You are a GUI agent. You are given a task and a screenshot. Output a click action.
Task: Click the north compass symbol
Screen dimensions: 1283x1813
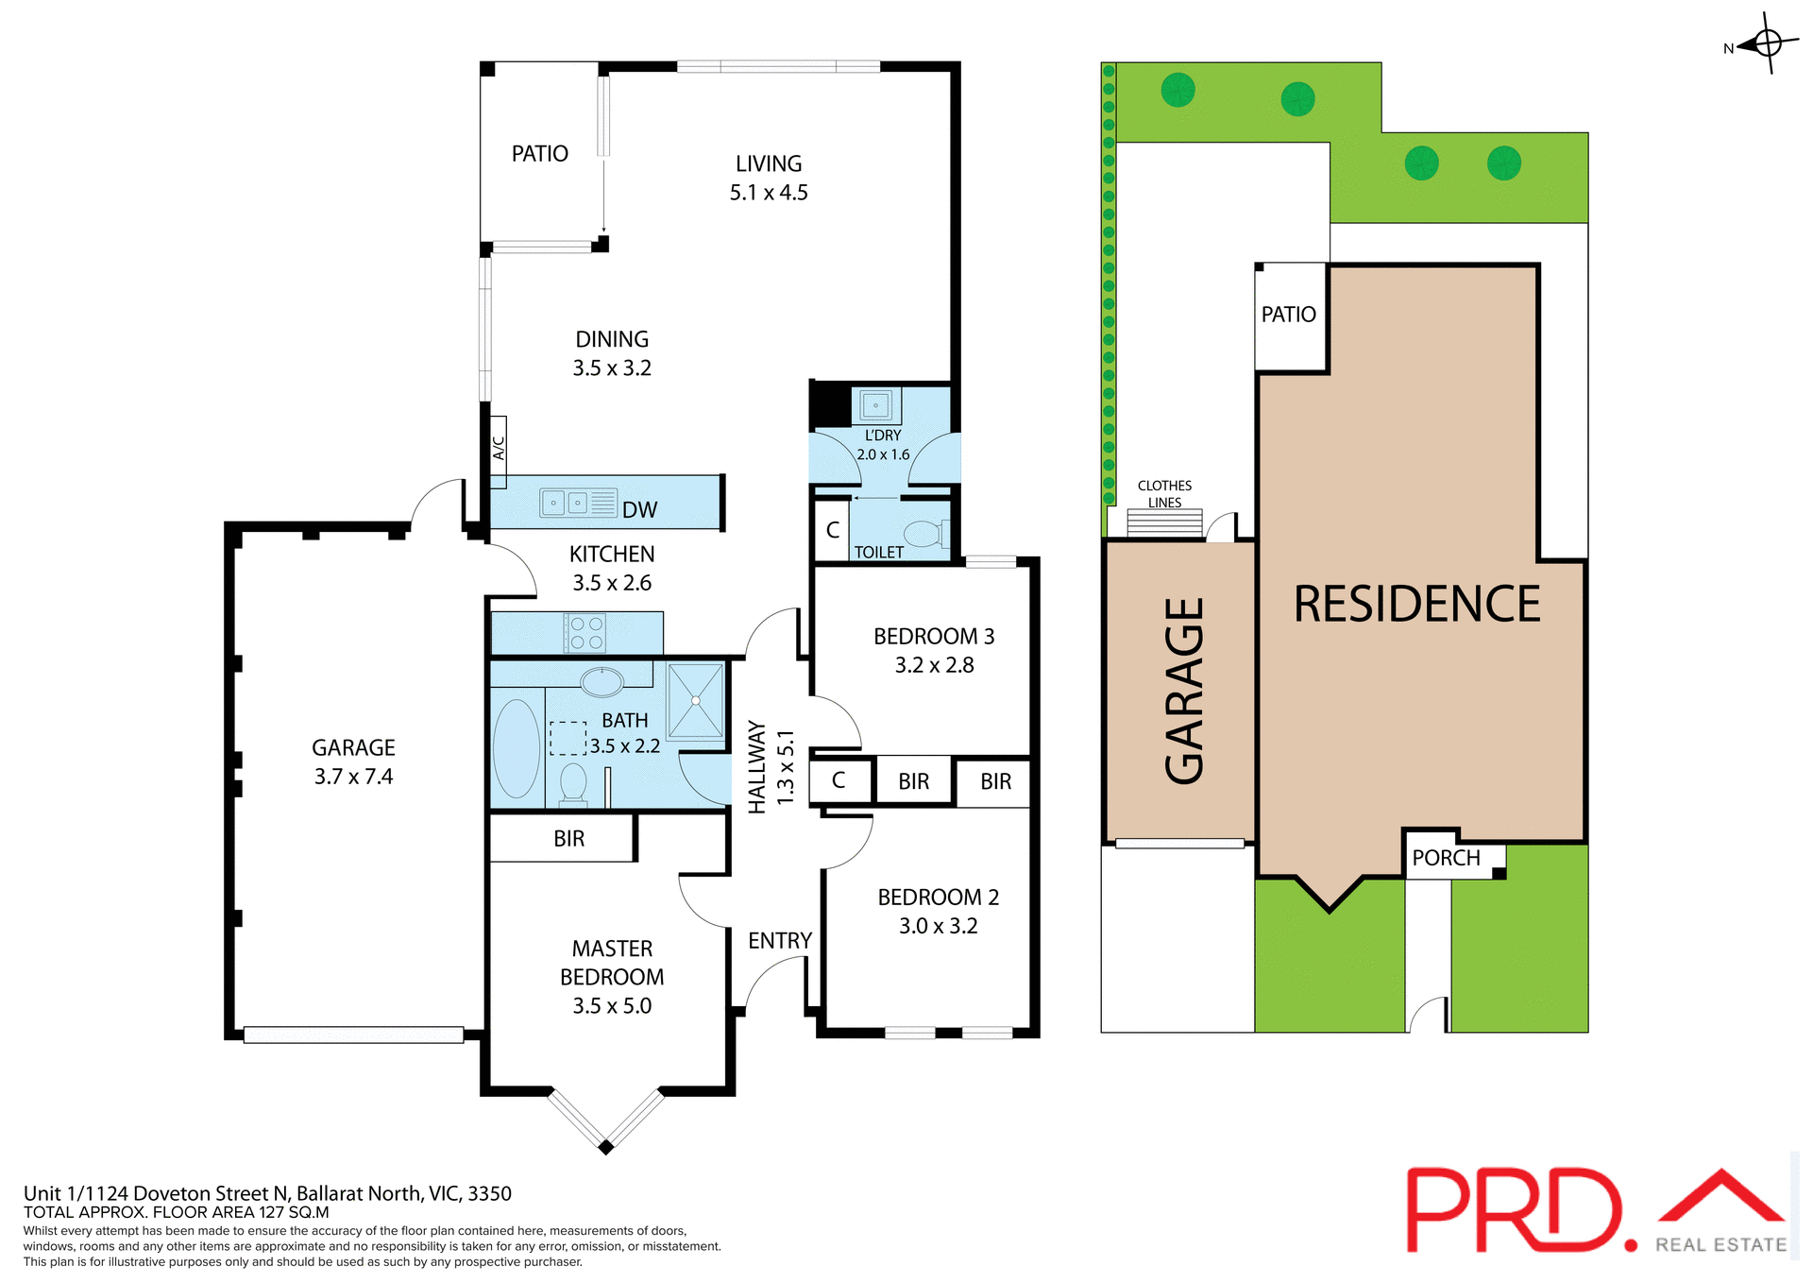coord(1767,43)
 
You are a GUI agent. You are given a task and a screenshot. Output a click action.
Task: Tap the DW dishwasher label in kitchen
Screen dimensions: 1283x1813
coord(639,510)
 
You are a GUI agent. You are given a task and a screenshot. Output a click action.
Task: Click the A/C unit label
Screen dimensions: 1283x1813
coord(499,447)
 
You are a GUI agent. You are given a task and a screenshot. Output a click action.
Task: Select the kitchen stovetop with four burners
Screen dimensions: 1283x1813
coord(585,633)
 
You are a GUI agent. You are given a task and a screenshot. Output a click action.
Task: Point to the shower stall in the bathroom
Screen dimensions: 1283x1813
coord(696,701)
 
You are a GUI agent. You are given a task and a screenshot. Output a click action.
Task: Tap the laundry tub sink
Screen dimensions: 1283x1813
coord(876,406)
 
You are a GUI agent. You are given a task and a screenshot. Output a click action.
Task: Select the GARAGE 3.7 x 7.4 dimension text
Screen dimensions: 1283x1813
coord(353,777)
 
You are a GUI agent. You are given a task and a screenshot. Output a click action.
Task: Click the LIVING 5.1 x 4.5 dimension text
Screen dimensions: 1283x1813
coord(769,193)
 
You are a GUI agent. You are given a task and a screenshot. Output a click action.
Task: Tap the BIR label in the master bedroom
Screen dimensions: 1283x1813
coord(568,839)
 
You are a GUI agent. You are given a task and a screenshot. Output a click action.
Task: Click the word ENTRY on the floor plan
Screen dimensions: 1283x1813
coord(780,941)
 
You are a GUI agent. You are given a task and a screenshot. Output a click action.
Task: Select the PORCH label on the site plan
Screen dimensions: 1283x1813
coord(1446,858)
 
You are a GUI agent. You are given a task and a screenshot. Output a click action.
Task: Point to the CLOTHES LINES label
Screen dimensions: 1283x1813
coord(1164,494)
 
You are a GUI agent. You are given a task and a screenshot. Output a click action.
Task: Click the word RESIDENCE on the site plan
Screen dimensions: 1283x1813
coord(1416,605)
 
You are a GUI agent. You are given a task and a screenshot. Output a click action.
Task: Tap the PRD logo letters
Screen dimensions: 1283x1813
coord(1516,1211)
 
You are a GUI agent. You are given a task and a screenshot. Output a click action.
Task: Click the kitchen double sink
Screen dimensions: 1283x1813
coord(565,503)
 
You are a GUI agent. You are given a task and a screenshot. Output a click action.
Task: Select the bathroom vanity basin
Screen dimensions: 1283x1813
coord(602,680)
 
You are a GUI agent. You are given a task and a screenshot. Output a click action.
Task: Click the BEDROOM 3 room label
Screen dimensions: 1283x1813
coord(934,637)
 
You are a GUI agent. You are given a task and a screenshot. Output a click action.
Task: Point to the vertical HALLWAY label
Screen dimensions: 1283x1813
coord(756,767)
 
